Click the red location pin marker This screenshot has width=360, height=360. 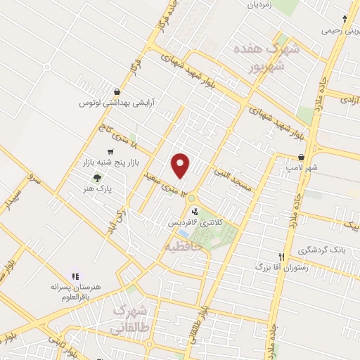point(181,165)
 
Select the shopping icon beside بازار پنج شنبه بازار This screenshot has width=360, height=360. point(110,152)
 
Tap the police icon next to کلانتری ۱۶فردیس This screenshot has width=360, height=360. point(194,210)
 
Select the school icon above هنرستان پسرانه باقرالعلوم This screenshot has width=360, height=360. point(75,276)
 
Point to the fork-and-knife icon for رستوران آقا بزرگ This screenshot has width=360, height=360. point(282,257)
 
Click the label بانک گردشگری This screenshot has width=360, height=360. point(323,250)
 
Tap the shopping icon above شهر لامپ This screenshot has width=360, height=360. point(302,157)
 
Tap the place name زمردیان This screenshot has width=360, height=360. point(258,4)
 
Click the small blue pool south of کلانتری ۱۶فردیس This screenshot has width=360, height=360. point(183,233)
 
